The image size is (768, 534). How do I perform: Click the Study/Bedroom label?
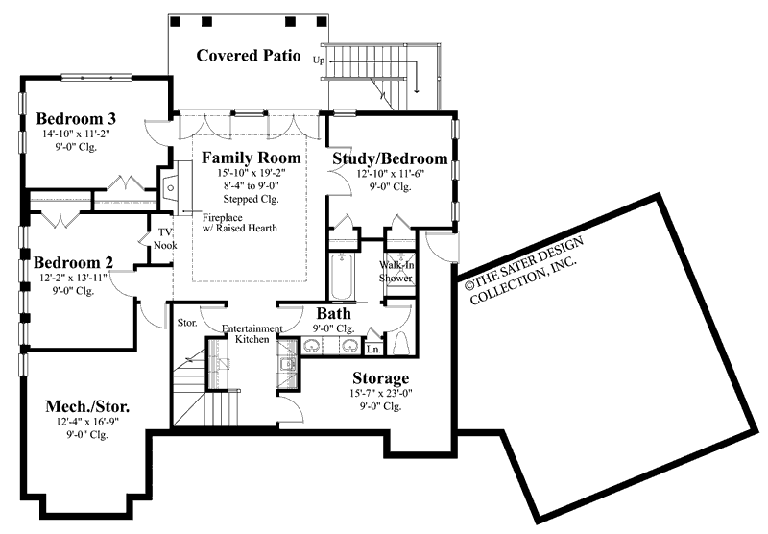[x=390, y=158]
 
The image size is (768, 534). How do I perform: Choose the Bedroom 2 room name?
[x=74, y=261]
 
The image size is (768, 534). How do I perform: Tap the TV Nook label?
[x=165, y=239]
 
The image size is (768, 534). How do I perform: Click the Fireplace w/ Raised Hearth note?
[x=239, y=223]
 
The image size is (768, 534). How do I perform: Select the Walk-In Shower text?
[x=396, y=270]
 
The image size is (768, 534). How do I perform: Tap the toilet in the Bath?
[x=402, y=342]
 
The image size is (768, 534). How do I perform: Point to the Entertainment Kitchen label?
[x=252, y=334]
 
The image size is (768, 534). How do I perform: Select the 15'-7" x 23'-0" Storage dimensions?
[x=380, y=393]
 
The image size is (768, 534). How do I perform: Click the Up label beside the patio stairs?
[x=319, y=60]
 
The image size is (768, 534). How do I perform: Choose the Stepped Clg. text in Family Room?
[x=252, y=200]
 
